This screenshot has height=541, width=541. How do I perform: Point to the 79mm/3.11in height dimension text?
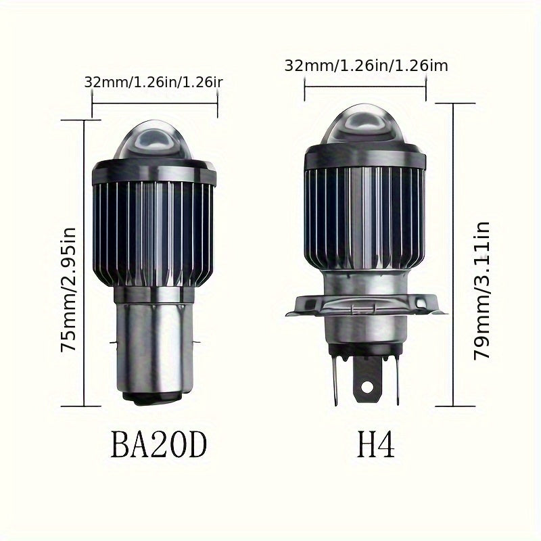pos(481,287)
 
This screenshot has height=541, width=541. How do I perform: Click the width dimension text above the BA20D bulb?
pos(154,82)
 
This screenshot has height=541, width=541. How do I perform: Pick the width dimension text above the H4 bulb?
pos(366,66)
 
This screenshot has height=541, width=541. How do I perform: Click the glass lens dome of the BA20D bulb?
pos(154,143)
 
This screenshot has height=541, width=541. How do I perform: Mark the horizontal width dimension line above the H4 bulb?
pos(366,87)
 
